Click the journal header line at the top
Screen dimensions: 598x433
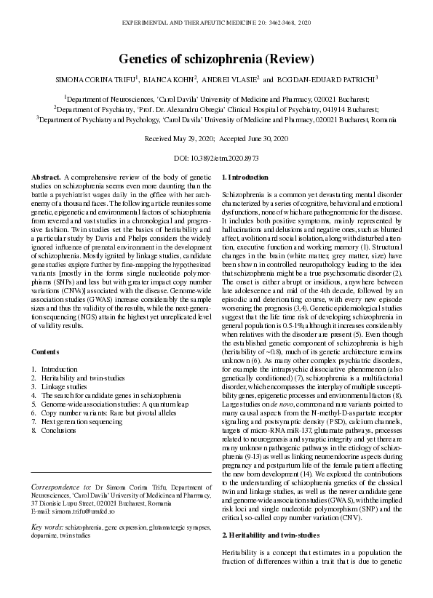pyautogui.click(x=216, y=24)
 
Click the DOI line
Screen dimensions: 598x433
pyautogui.click(x=216, y=158)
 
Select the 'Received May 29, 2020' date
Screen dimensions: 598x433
pyautogui.click(x=184, y=137)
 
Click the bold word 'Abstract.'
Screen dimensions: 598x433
pyautogui.click(x=47, y=178)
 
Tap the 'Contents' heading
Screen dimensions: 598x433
pyautogui.click(x=46, y=351)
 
